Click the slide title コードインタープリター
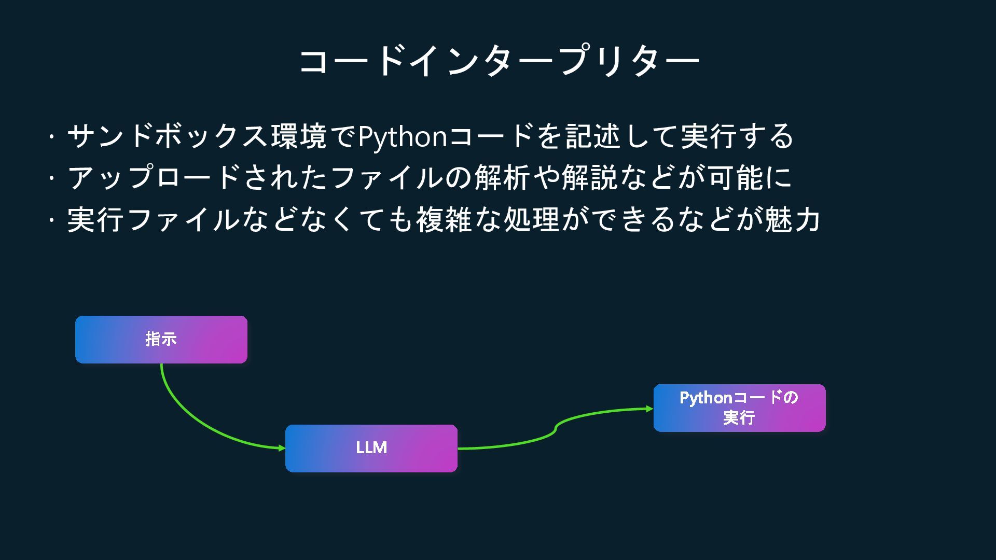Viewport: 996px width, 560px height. pos(499,61)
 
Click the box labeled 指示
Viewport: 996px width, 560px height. pos(161,339)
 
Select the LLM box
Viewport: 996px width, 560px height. pos(371,448)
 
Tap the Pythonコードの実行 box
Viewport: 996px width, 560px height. pos(739,408)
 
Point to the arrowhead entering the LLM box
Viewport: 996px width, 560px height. pos(282,448)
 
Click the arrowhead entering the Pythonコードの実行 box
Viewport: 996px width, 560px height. pos(650,409)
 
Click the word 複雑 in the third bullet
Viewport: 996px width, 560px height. pos(444,219)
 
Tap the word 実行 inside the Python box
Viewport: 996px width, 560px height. pos(739,417)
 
